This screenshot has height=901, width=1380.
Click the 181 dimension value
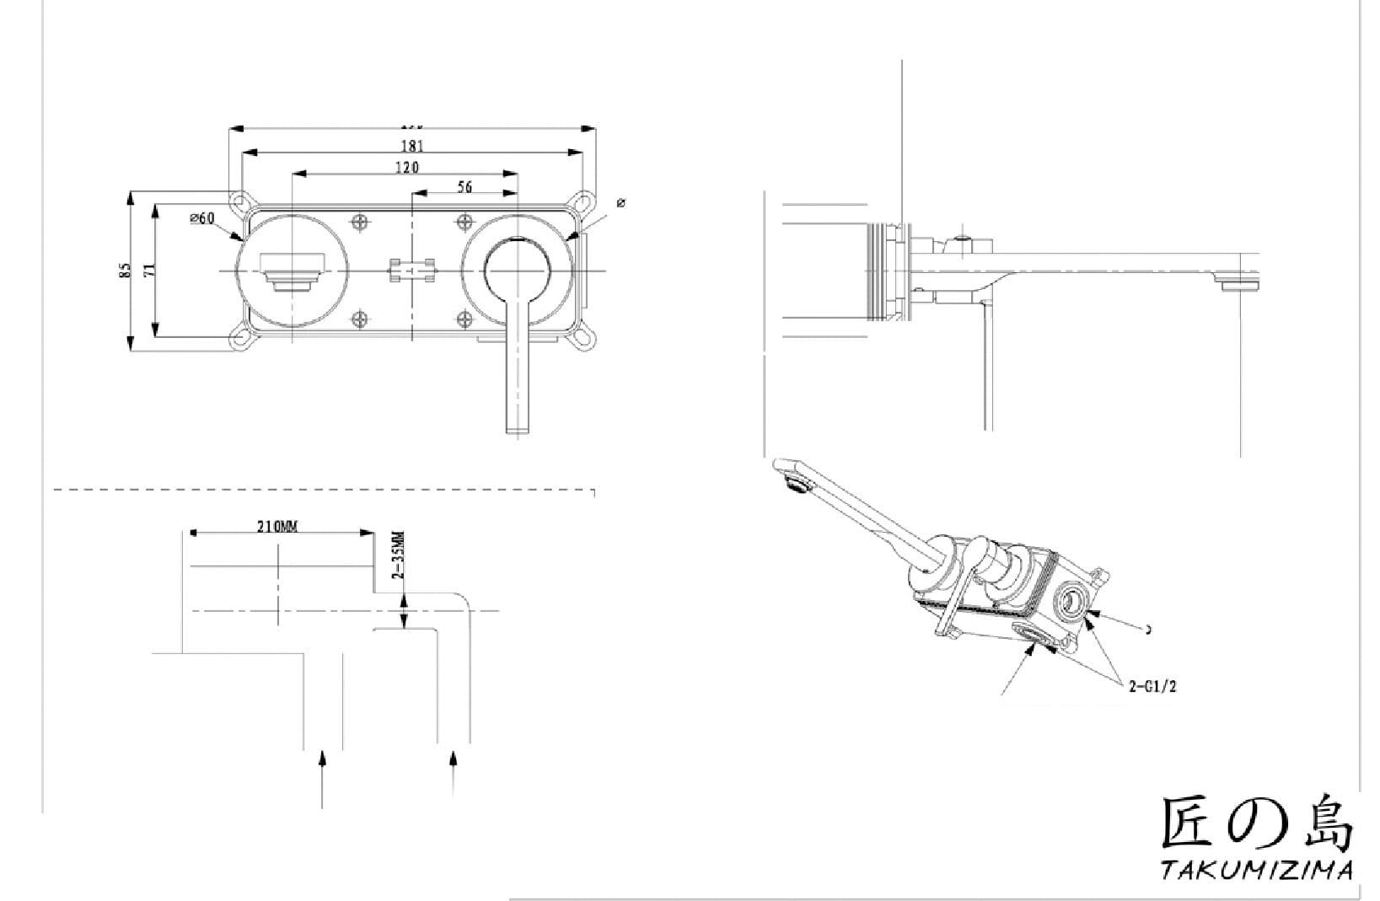pyautogui.click(x=412, y=146)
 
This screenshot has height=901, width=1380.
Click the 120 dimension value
pyautogui.click(x=406, y=167)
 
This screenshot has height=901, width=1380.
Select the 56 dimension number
pyautogui.click(x=464, y=187)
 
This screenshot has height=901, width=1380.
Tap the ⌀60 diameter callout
pyautogui.click(x=202, y=218)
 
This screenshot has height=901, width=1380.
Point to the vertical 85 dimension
pyautogui.click(x=126, y=271)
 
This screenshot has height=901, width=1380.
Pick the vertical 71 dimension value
pyautogui.click(x=149, y=271)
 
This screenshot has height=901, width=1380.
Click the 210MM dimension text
pyautogui.click(x=277, y=527)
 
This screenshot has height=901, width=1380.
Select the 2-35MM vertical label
pyautogui.click(x=399, y=555)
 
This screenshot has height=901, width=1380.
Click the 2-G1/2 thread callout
pyautogui.click(x=1152, y=686)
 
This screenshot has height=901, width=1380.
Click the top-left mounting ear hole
pyautogui.click(x=241, y=202)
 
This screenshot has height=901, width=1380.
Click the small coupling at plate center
pyautogui.click(x=412, y=271)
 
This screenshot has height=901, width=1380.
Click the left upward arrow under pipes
pyautogui.click(x=322, y=776)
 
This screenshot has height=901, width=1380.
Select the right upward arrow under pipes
pyautogui.click(x=454, y=771)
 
